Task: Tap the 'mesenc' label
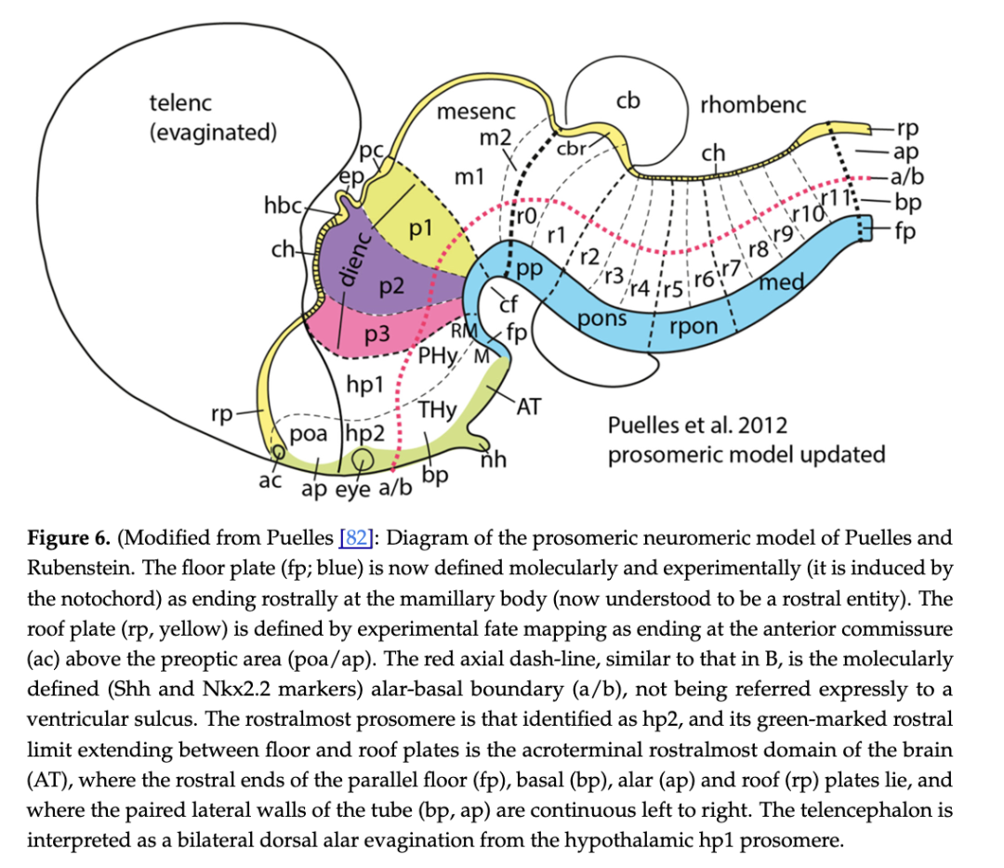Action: click(x=476, y=112)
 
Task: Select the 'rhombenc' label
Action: click(x=753, y=104)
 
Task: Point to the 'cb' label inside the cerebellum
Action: click(x=628, y=100)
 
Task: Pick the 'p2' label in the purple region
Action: click(x=391, y=285)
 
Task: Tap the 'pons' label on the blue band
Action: click(x=601, y=319)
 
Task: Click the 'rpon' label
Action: click(x=693, y=326)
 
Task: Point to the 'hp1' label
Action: click(x=363, y=381)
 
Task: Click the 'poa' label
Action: click(x=308, y=434)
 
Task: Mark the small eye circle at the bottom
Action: click(x=363, y=458)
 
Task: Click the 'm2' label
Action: click(x=495, y=138)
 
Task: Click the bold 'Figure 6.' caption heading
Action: click(x=70, y=538)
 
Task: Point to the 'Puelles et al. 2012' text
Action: click(x=697, y=426)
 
